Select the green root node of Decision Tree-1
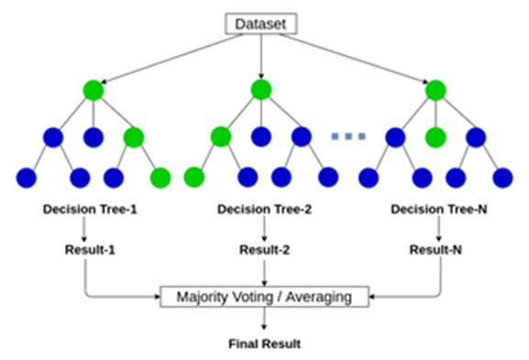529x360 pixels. pos(92,90)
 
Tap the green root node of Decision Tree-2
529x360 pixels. pos(261,90)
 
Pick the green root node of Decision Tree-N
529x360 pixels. pos(435,90)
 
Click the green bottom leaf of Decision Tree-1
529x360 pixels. pos(160,176)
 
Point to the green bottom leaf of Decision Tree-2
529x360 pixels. pos(193,176)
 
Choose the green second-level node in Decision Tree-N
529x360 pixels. pos(435,137)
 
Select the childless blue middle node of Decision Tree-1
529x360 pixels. pos(92,137)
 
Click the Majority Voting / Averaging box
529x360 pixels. pos(264,297)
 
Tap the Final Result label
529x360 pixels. pos(264,344)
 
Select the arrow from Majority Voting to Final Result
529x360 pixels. pos(264,320)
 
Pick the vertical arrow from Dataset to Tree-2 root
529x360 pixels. pos(262,56)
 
